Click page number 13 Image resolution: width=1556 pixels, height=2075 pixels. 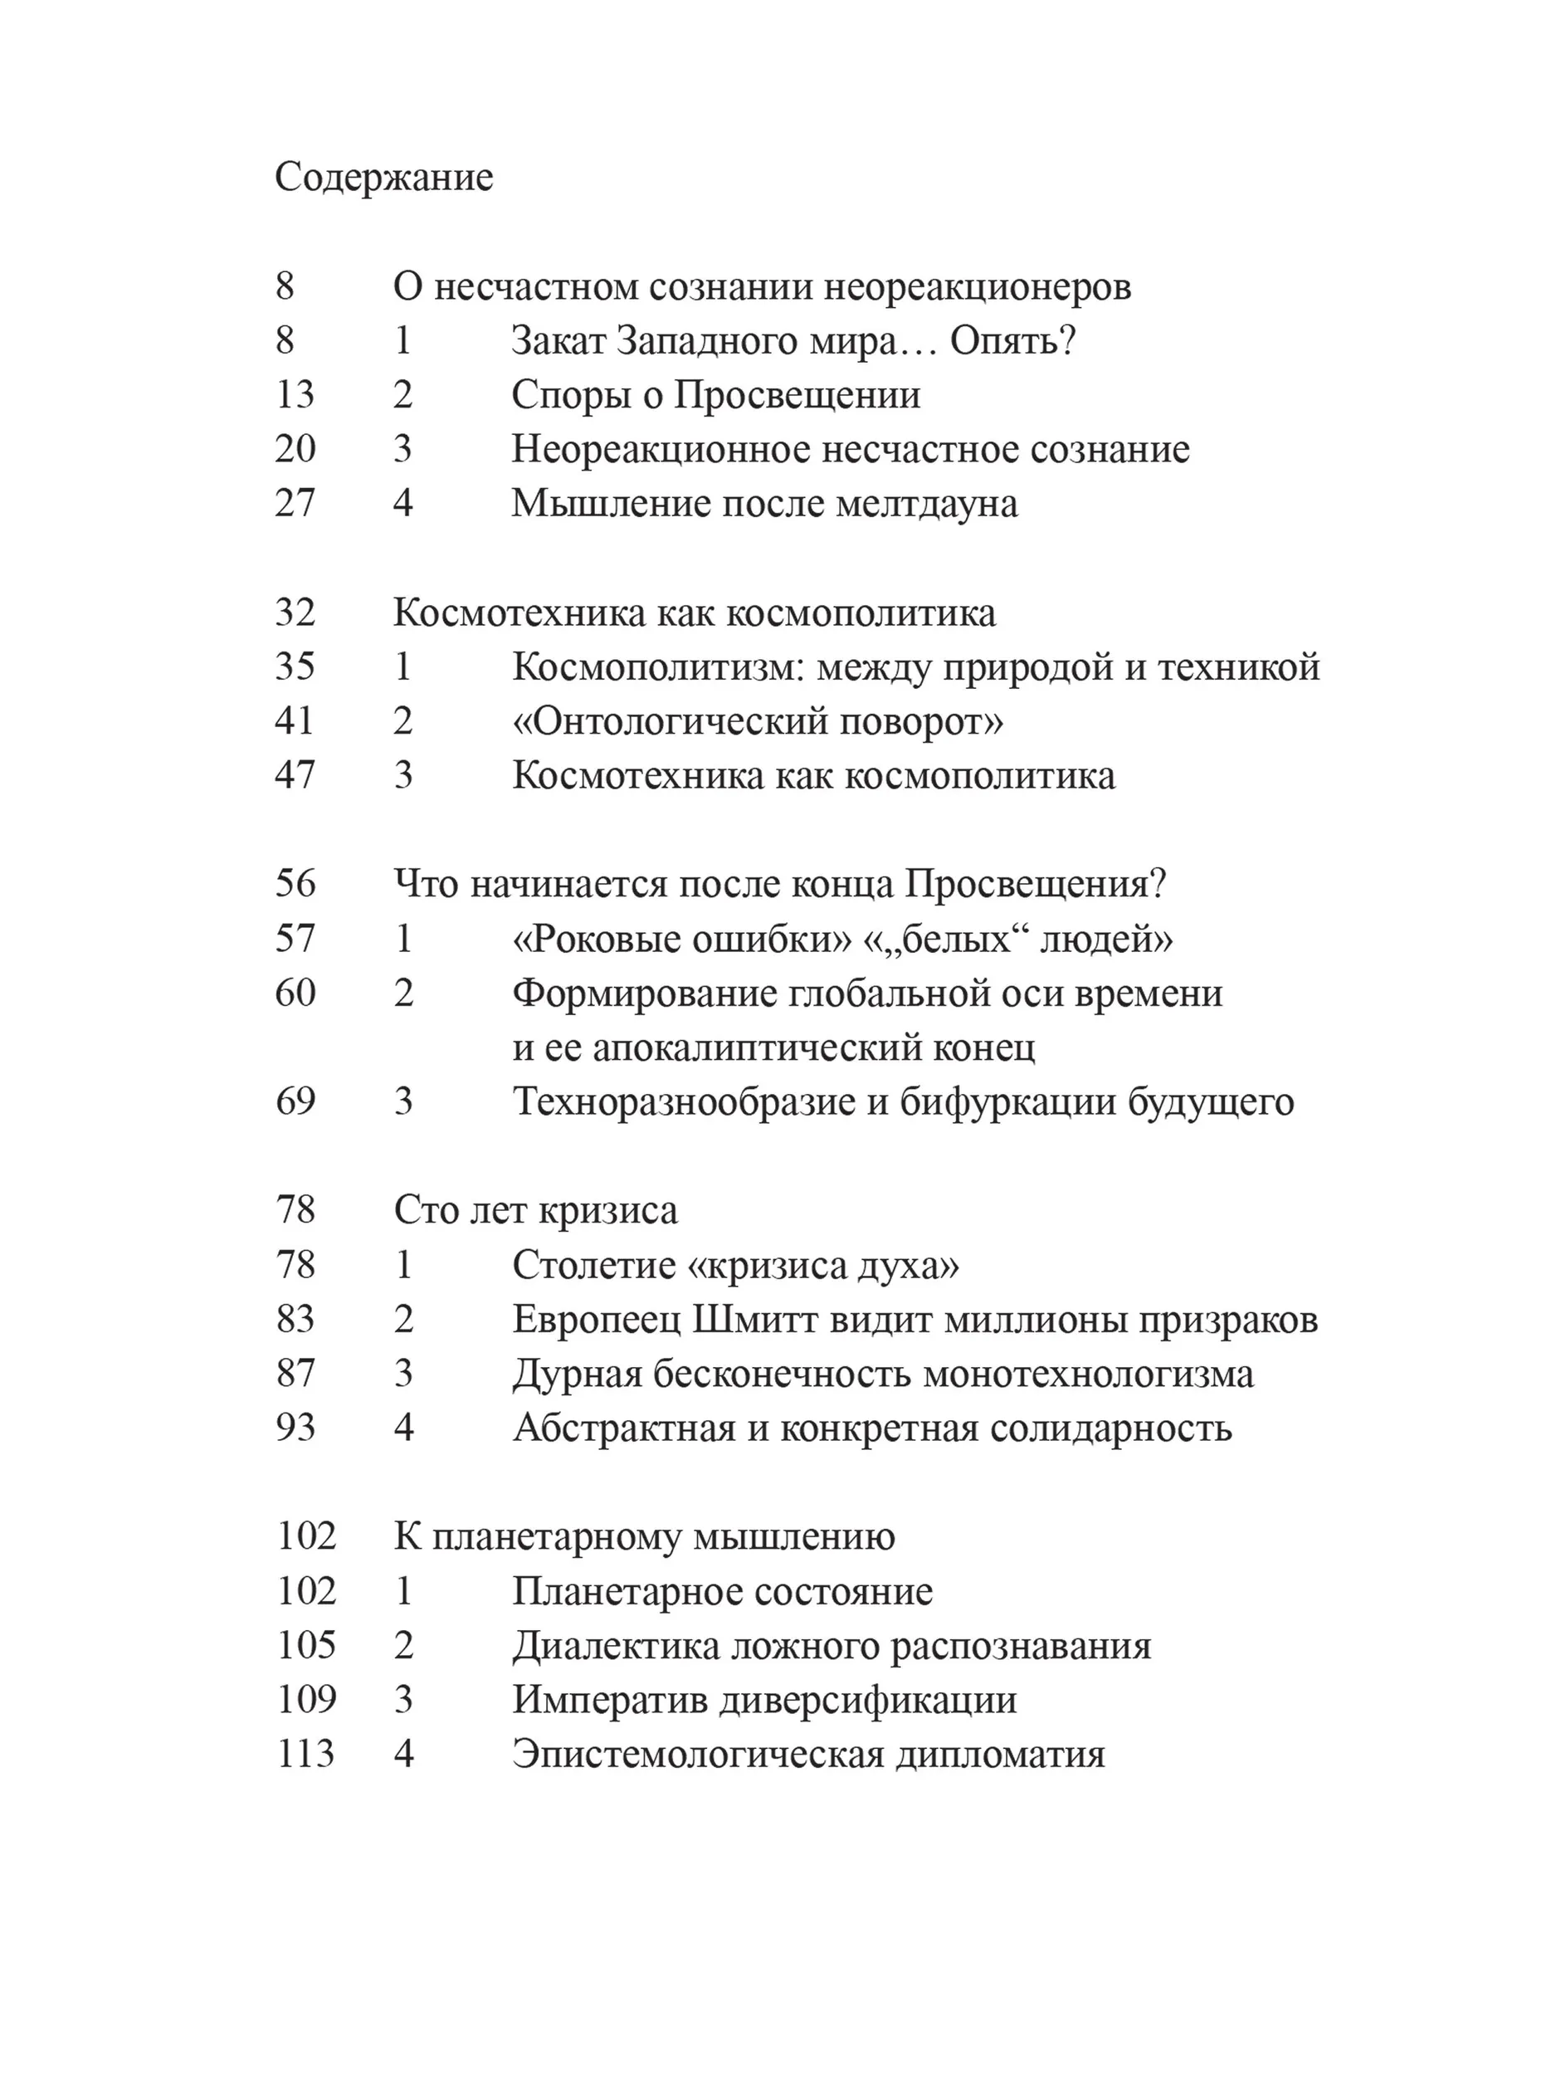[x=295, y=395]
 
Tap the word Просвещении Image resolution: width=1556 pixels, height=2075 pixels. [x=798, y=395]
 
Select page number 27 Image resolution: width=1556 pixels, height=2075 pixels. [x=295, y=504]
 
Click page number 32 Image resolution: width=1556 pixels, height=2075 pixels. [x=295, y=613]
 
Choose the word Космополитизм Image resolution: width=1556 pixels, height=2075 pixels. [x=657, y=667]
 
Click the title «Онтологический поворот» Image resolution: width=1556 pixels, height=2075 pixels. [x=758, y=721]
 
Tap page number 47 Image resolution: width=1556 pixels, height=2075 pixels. [x=295, y=776]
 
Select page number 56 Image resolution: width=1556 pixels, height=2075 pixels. [x=295, y=885]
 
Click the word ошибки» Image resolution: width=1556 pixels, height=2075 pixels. [x=771, y=939]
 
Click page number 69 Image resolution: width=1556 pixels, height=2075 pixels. [x=295, y=1102]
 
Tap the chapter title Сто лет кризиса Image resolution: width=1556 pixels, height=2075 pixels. [x=535, y=1211]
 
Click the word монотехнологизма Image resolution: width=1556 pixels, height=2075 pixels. [x=1088, y=1374]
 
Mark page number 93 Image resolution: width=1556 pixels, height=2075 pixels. [x=295, y=1428]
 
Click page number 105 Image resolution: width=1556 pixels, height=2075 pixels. [x=305, y=1646]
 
